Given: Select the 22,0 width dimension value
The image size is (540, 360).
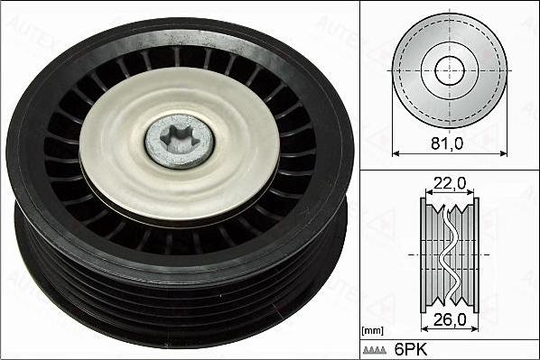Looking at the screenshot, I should pos(449,183).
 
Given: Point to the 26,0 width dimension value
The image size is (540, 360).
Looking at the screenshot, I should pos(449,318).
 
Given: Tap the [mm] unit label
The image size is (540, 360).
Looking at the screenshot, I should pos(372,331).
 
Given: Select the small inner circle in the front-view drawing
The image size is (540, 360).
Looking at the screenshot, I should pos(449,70).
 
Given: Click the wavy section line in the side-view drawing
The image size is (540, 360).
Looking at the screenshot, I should pos(449,254).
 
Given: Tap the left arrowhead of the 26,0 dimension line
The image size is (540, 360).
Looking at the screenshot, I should pos(424,330).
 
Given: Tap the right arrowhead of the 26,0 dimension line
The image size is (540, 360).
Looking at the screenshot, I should pos(475,330).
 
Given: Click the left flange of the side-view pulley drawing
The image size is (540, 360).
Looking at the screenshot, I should pos(424,254).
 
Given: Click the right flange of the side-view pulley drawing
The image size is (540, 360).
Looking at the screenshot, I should pos(475,254).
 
